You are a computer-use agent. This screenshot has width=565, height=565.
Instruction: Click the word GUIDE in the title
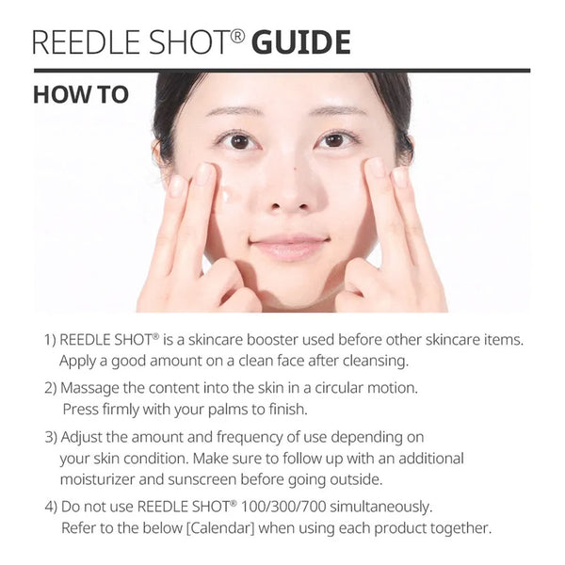point(301,42)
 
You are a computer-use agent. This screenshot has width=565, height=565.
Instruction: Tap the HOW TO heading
point(81,96)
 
